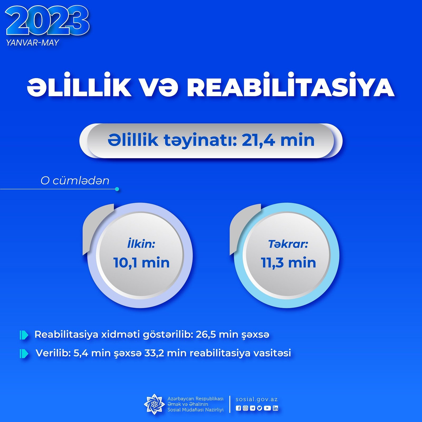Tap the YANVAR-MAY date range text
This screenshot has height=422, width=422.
pyautogui.click(x=32, y=43)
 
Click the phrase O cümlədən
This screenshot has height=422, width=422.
pyautogui.click(x=75, y=181)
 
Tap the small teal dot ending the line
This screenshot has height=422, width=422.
pyautogui.click(x=117, y=189)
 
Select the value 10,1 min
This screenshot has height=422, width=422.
pyautogui.click(x=141, y=263)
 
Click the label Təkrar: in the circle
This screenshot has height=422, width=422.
pyautogui.click(x=288, y=244)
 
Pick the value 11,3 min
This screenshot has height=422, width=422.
pyautogui.click(x=288, y=263)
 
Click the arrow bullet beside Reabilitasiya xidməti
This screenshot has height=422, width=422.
pyautogui.click(x=24, y=335)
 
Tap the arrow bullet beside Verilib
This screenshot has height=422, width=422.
pyautogui.click(x=24, y=354)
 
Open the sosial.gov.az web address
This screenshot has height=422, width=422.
pyautogui.click(x=257, y=399)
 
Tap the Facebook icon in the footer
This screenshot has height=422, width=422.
pyautogui.click(x=238, y=408)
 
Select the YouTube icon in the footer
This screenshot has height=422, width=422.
pyautogui.click(x=267, y=408)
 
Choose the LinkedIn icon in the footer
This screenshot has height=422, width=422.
pyautogui.click(x=275, y=408)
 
